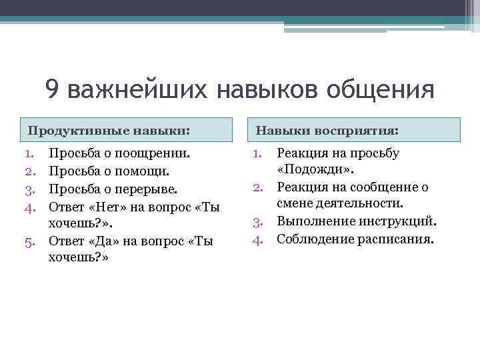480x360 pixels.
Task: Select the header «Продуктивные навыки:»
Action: tap(109, 129)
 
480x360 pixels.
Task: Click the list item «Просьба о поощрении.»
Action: tap(120, 153)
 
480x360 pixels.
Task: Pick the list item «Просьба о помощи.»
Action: tap(110, 171)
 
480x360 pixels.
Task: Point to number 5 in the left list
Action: tap(29, 241)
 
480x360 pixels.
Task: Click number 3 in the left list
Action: tap(29, 189)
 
